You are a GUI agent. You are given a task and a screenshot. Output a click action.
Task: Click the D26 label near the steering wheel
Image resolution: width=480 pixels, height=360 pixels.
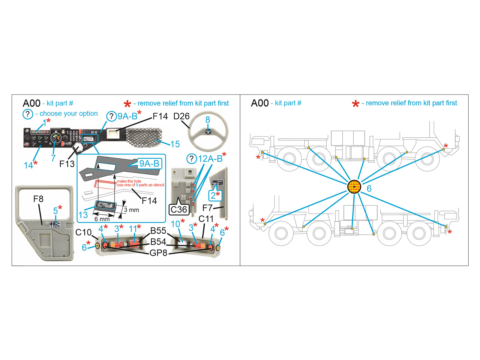pos(181,116)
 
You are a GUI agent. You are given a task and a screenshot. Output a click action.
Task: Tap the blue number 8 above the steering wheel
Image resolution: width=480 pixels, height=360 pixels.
pos(208,120)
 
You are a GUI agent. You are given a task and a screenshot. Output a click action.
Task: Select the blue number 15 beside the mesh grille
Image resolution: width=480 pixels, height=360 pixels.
pos(175,144)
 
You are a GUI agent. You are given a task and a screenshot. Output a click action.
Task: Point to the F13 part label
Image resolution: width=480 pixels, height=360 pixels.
pos(67,164)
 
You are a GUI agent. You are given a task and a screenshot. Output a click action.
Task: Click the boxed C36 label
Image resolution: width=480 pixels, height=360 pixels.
pos(179,209)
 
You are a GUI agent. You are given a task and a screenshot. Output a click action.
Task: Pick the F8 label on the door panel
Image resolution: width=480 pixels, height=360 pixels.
pos(38,199)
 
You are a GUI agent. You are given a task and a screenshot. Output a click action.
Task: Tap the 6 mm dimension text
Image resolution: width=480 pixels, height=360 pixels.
pos(102,219)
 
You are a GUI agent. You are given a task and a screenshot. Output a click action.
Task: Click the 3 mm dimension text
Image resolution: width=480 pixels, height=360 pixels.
pos(131,210)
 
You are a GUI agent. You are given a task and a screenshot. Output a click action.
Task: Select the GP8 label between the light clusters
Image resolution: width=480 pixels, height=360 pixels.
pos(158,253)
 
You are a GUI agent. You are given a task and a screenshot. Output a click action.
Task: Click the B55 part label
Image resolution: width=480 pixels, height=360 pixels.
pos(158,231)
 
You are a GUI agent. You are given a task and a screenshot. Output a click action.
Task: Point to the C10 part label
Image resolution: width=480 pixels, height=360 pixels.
pos(83,232)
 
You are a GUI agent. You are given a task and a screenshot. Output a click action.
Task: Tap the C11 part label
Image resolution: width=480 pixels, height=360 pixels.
pos(206,219)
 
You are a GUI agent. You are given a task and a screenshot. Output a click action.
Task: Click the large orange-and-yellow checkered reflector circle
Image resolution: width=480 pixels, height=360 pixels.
pos(354,187)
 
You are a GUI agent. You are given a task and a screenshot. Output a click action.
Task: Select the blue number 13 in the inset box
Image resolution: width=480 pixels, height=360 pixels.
pos(83,215)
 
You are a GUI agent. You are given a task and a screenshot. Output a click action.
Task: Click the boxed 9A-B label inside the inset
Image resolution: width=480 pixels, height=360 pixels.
pos(149,163)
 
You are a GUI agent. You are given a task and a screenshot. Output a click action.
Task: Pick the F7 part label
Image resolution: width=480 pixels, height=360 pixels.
pos(207,208)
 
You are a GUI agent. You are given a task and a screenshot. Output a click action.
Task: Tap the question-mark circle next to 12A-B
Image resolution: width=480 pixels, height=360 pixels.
pos(192,158)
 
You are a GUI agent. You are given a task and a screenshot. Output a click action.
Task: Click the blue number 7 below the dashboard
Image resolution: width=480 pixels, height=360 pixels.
pos(53,158)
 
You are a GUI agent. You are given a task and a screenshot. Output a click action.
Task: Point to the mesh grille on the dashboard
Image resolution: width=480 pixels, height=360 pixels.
pos(144,138)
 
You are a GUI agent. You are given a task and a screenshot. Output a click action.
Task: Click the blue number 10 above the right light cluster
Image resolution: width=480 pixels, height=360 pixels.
pos(175,224)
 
